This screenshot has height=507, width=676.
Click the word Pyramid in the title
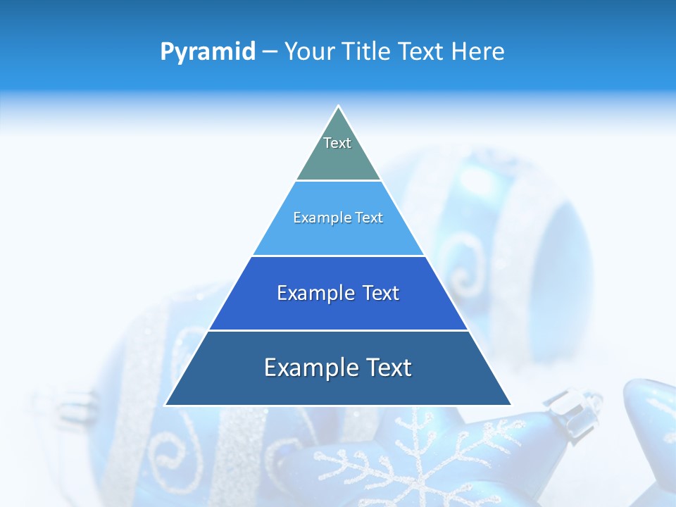[x=207, y=52]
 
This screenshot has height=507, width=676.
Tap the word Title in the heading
[x=366, y=52]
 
